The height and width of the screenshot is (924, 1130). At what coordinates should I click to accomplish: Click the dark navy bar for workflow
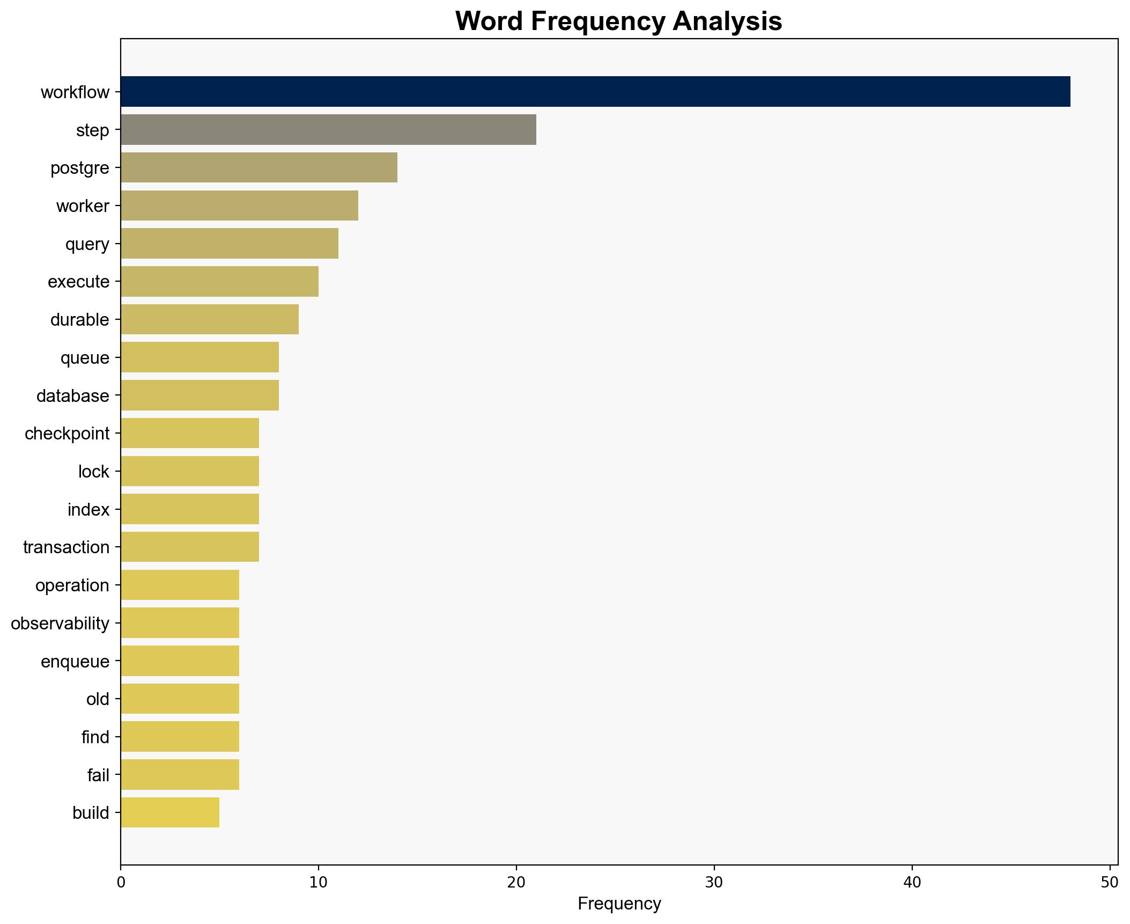(595, 92)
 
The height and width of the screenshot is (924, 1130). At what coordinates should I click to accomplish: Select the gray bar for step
(328, 130)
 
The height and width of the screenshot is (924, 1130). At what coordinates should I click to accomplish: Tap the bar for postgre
(259, 167)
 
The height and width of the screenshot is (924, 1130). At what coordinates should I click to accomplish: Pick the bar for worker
(239, 206)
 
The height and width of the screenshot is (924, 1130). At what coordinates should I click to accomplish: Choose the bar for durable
(210, 319)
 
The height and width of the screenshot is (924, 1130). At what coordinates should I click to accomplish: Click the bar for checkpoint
(190, 433)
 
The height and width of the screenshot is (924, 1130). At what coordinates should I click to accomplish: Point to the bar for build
(170, 812)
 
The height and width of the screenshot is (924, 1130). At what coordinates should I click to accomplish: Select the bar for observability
(180, 623)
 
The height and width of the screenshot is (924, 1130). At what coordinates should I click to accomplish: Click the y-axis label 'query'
(87, 244)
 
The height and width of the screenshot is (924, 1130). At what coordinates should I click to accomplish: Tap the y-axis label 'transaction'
(66, 547)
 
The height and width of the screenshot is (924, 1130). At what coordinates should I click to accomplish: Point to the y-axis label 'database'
(72, 396)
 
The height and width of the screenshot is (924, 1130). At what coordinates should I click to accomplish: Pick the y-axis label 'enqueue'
(75, 661)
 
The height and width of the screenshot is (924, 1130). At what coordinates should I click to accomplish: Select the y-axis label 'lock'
(93, 472)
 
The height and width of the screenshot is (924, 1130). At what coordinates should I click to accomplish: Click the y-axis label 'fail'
(98, 775)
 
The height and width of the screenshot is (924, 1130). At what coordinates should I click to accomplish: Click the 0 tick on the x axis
(121, 882)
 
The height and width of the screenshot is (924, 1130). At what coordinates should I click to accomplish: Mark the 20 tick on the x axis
(516, 882)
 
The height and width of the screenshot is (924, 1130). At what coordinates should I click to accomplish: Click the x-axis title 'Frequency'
(619, 904)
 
